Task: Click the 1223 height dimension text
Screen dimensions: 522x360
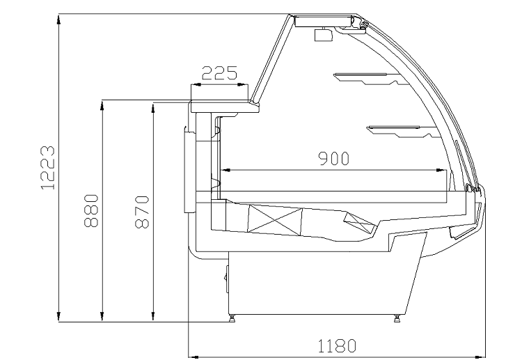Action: tap(47, 168)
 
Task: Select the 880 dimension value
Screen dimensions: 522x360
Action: tap(91, 211)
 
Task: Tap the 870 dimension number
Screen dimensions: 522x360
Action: tap(142, 212)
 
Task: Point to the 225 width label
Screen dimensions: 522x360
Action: tap(219, 73)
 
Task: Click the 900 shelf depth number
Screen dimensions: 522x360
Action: tap(334, 159)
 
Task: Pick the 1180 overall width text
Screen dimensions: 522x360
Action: tap(337, 345)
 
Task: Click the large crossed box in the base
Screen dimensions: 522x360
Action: tap(275, 219)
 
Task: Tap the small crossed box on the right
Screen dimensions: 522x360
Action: tap(359, 222)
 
